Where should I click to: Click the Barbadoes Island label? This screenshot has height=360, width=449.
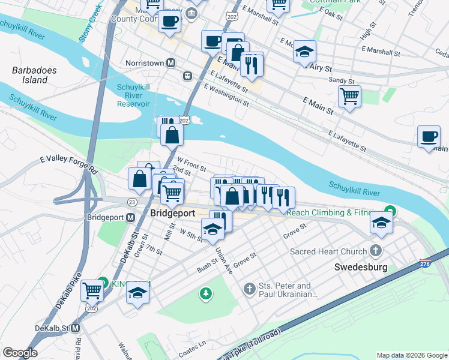click(x=34, y=75)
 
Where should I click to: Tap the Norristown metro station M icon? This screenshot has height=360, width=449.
click(x=171, y=62)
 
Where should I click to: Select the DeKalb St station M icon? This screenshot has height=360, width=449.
click(x=76, y=328)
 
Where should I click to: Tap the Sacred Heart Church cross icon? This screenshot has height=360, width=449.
click(x=376, y=251)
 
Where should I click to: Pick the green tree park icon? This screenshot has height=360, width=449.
click(x=206, y=293)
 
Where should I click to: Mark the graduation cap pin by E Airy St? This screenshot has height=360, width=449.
click(x=304, y=52)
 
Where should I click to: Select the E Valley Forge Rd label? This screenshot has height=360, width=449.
click(x=68, y=163)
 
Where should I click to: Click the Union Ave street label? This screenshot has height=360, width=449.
click(x=223, y=260)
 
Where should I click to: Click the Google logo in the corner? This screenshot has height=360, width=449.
click(x=20, y=352)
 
